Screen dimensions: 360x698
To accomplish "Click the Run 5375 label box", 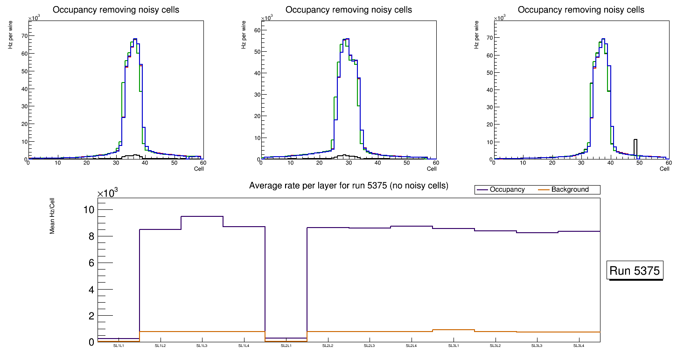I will [635, 271].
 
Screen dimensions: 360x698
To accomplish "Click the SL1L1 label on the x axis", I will [119, 346].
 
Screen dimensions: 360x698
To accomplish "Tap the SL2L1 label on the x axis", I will [286, 346].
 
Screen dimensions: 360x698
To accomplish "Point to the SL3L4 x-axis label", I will [579, 346].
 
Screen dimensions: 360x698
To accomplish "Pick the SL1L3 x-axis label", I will [202, 346].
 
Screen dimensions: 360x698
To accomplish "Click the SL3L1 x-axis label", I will [454, 346].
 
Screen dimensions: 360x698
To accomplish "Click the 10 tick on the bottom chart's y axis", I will [89, 210].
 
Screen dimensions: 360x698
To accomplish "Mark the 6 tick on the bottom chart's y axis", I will [91, 263].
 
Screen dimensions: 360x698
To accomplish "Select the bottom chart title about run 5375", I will [349, 186].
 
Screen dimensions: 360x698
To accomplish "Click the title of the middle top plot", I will [349, 10].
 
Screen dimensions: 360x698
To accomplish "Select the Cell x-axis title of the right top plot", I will [664, 169].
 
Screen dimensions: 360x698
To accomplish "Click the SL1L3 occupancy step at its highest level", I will [202, 216].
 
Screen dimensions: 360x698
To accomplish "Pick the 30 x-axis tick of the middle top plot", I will [348, 163].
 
